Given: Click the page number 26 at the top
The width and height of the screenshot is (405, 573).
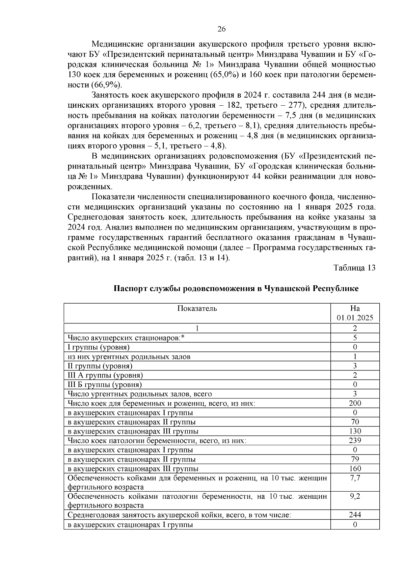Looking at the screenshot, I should [221, 29].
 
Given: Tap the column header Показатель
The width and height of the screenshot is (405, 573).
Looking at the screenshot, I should [197, 308].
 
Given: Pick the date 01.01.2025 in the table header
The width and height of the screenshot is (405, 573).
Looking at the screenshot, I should [355, 318].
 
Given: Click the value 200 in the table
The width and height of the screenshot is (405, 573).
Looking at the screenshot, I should [355, 403].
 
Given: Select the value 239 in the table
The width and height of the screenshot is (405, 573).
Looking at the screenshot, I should [355, 440].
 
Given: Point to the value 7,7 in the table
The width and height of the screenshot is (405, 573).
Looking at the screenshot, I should [355, 478].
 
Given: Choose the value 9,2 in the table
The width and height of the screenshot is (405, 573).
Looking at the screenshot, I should [355, 496].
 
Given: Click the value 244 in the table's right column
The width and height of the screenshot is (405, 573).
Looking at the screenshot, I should [355, 515].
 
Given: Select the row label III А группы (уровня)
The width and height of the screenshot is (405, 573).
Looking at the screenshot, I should [105, 375].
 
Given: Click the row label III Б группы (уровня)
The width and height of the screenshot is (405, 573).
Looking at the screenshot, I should [105, 385].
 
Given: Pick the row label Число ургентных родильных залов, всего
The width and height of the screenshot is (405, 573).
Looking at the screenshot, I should [140, 394].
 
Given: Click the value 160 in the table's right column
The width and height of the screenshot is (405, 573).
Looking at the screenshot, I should [355, 469].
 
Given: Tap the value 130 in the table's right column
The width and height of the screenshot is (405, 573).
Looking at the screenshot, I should [355, 431].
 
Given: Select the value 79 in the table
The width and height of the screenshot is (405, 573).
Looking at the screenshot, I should [355, 459].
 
